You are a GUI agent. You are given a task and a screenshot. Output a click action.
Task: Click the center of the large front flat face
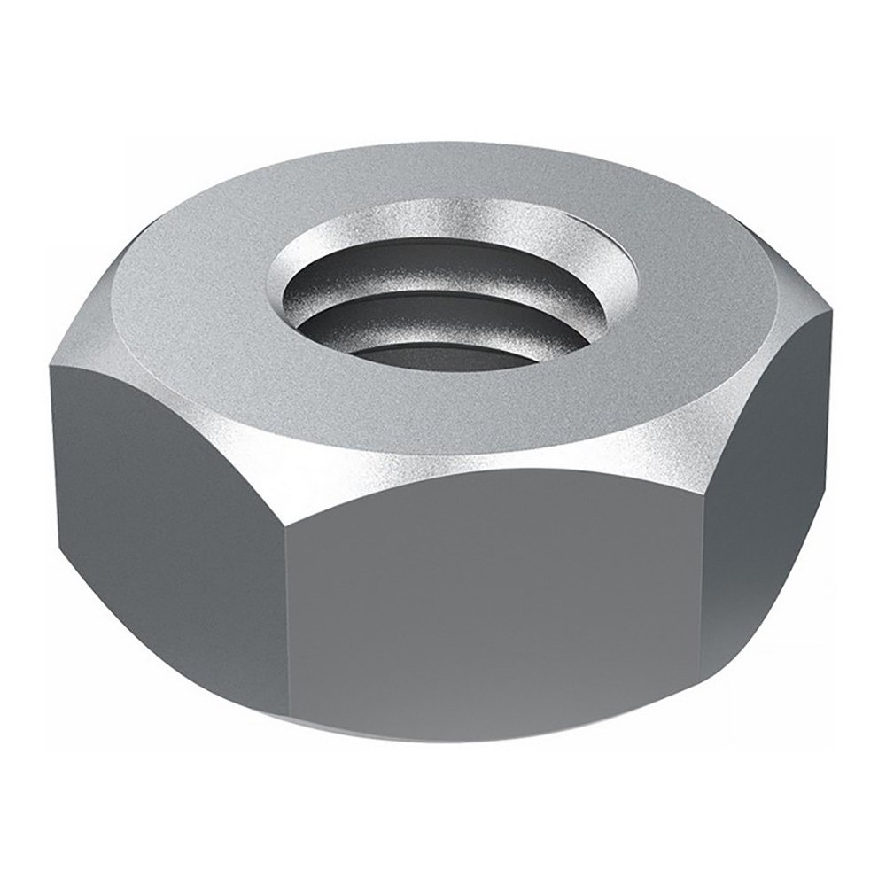pyautogui.click(x=492, y=611)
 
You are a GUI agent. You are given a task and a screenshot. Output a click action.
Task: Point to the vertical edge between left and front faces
pyautogui.click(x=285, y=620)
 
